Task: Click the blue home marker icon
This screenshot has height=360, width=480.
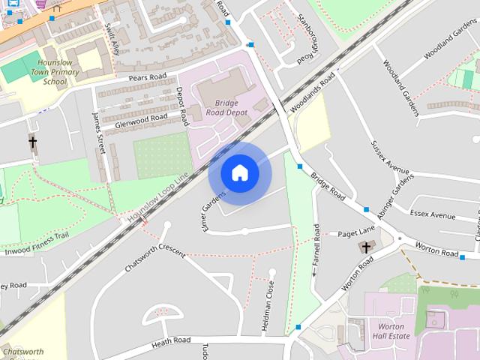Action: coord(239,172)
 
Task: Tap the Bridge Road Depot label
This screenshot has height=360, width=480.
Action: coord(220,108)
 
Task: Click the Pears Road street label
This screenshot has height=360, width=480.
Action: coord(146,77)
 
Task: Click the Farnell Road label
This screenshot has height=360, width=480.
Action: coord(316,248)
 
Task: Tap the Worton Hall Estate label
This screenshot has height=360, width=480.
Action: coord(391,332)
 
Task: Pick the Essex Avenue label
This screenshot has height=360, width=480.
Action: coord(433,215)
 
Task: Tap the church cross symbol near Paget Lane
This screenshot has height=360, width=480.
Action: coord(366,247)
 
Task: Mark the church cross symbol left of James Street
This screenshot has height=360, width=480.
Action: coord(33,140)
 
